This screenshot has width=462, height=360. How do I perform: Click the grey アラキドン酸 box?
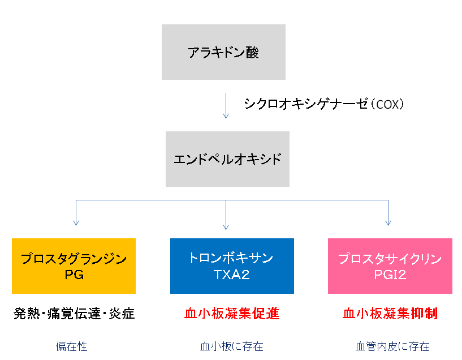pyautogui.click(x=223, y=52)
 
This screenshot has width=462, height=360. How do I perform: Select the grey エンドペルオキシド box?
pyautogui.click(x=227, y=159)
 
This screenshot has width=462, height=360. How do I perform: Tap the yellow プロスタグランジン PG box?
pyautogui.click(x=74, y=266)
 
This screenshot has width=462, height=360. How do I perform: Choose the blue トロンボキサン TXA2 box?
pyautogui.click(x=232, y=266)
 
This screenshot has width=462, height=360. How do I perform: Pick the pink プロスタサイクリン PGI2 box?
pyautogui.click(x=390, y=266)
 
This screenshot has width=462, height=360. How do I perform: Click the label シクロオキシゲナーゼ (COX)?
pyautogui.click(x=324, y=104)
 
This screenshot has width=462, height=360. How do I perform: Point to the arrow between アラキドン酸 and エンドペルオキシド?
pyautogui.click(x=226, y=106)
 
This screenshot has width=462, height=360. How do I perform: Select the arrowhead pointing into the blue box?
pyautogui.click(x=226, y=225)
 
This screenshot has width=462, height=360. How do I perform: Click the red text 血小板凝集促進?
pyautogui.click(x=232, y=314)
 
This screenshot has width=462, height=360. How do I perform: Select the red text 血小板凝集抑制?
pyautogui.click(x=390, y=314)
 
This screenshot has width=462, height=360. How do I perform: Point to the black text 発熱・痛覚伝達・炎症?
pyautogui.click(x=74, y=314)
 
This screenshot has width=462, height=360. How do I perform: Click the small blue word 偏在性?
pyautogui.click(x=71, y=346)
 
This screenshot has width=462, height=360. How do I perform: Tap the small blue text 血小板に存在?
pyautogui.click(x=232, y=346)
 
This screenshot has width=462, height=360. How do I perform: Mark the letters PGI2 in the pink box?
pyautogui.click(x=390, y=275)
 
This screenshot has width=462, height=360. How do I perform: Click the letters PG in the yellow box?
pyautogui.click(x=74, y=275)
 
